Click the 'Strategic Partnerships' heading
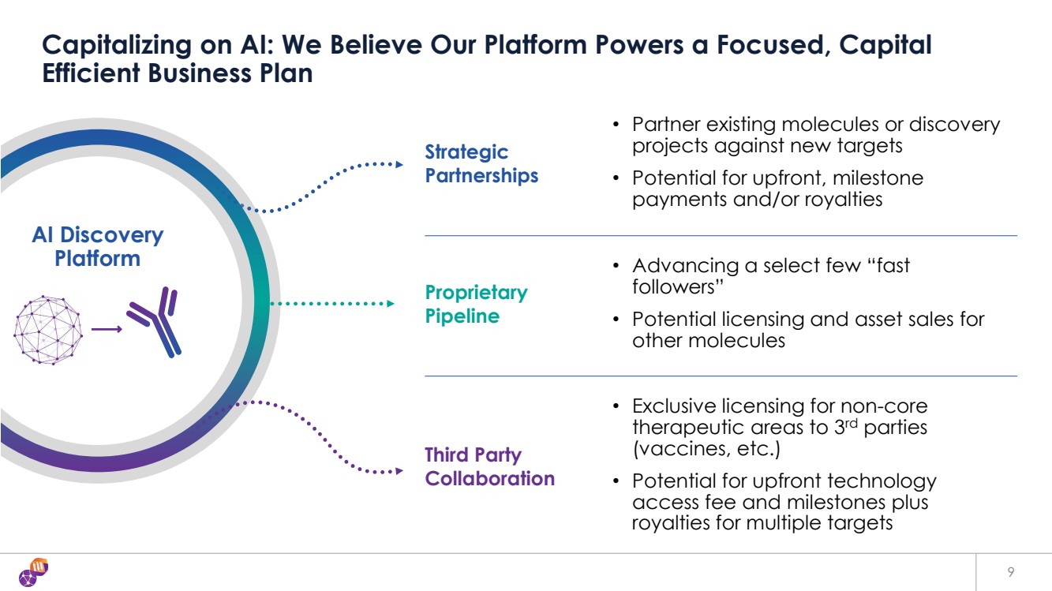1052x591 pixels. click(481, 164)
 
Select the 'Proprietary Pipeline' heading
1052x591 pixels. click(476, 304)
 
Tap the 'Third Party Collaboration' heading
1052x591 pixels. click(490, 466)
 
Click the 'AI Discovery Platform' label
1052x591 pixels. click(98, 246)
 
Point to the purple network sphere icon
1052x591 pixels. click(48, 330)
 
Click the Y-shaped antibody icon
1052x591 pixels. click(155, 322)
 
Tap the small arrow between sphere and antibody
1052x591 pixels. click(107, 330)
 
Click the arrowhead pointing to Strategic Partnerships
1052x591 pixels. click(399, 165)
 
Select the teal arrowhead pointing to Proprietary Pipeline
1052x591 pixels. click(391, 304)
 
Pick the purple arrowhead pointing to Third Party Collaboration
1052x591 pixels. click(399, 471)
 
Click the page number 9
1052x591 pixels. click(1011, 572)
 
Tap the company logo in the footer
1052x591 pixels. click(34, 572)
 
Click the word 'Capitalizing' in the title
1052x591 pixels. click(117, 46)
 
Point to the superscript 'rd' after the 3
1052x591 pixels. click(852, 424)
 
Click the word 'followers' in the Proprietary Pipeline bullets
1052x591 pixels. click(677, 286)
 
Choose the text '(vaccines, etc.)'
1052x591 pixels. click(706, 449)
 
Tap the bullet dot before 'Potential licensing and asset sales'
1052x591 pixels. click(616, 320)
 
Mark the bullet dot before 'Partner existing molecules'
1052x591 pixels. click(616, 125)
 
